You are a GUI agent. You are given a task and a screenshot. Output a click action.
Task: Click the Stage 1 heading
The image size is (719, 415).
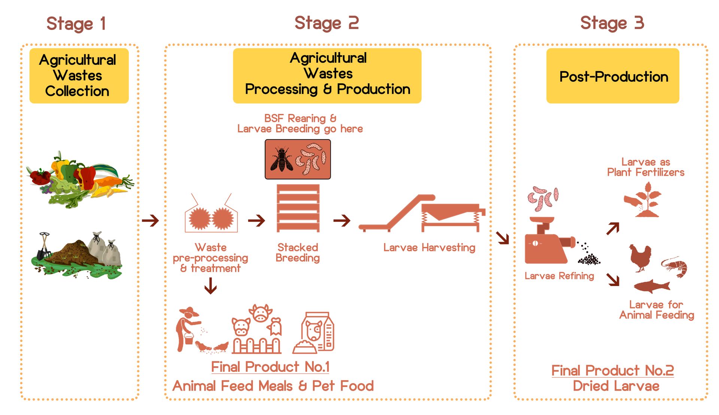[76, 24]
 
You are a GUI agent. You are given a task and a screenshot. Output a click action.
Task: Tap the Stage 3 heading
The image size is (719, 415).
[612, 23]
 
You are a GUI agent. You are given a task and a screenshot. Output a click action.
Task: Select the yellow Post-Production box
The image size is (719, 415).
[613, 76]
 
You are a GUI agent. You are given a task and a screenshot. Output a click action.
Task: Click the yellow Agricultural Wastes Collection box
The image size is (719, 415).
[79, 76]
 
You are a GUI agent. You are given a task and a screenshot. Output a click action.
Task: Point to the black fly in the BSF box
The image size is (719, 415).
[281, 159]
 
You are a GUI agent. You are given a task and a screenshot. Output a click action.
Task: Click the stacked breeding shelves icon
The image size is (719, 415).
[298, 208]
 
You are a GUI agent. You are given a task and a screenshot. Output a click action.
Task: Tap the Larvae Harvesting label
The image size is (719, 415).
[429, 247]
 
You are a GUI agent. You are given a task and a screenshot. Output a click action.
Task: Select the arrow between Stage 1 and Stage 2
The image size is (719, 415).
[151, 220]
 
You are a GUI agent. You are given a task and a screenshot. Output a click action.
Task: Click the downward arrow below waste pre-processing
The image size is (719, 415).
[210, 286]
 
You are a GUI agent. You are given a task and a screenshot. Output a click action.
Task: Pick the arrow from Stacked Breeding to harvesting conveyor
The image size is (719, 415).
[342, 220]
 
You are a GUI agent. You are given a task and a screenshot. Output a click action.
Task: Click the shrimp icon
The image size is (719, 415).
[675, 267]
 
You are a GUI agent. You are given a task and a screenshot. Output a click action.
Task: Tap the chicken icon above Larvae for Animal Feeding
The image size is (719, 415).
[640, 258]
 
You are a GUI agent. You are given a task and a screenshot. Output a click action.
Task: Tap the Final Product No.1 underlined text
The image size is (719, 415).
[270, 367]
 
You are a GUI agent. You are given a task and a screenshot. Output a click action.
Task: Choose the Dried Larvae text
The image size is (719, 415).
[616, 386]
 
